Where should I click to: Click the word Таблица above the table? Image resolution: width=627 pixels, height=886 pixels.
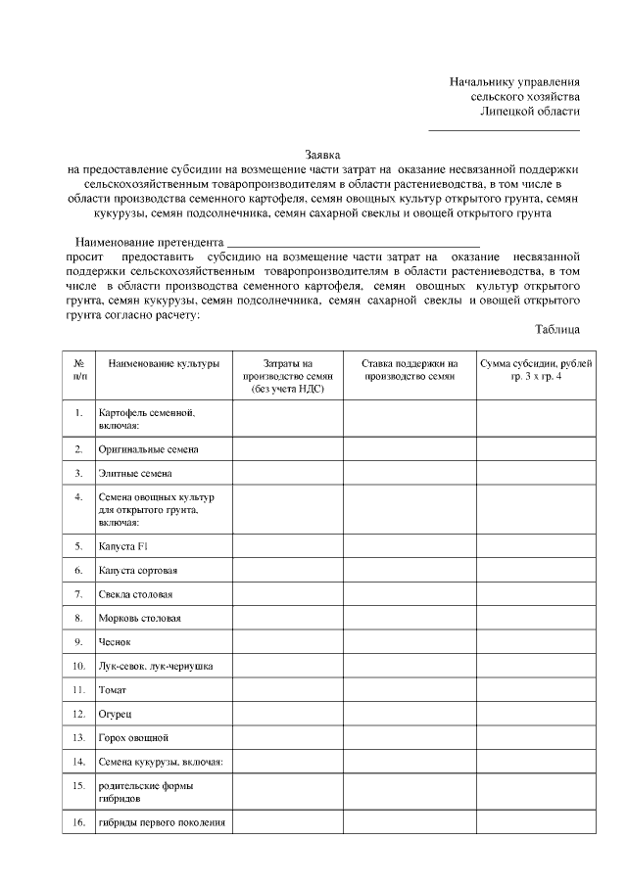557,329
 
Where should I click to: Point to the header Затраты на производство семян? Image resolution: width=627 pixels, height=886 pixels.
287,376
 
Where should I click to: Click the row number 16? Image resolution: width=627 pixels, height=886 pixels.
78,822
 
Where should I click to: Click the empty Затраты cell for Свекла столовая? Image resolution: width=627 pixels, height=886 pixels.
287,594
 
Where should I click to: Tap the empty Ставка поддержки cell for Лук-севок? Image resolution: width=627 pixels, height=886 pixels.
410,666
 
